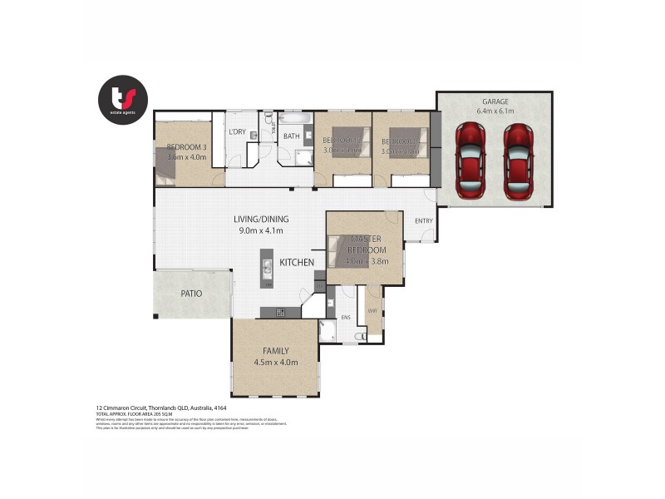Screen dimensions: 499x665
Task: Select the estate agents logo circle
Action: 124,100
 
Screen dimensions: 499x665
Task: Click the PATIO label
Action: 192,294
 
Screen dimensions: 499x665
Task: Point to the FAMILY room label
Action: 275,351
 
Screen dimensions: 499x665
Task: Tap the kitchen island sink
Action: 268,268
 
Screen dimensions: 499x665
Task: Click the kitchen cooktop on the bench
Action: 280,313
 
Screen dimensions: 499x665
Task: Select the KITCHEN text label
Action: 296,263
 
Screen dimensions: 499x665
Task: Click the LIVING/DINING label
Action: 263,220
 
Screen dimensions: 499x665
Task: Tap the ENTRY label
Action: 424,220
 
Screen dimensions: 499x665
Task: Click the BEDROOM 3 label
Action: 186,146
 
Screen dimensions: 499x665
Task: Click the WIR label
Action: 373,311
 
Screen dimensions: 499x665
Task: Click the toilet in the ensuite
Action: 359,336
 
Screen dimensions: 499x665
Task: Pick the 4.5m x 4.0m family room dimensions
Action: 275,363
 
